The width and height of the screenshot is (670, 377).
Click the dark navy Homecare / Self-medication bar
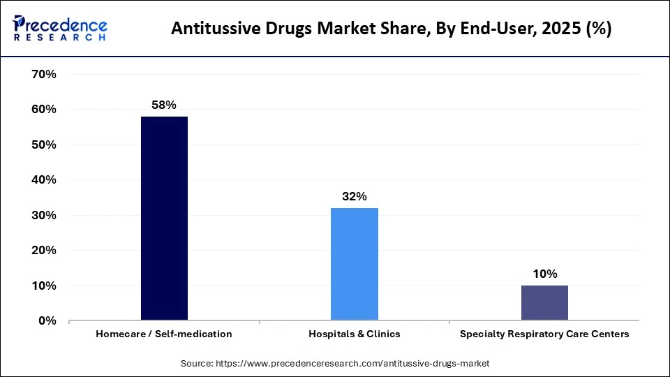[164, 219]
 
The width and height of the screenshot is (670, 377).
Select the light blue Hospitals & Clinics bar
[355, 264]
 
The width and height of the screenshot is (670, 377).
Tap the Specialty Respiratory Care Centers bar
[544, 303]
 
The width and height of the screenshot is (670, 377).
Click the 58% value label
[164, 105]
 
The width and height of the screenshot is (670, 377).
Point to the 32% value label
[355, 197]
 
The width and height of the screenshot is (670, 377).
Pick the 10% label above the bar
[544, 274]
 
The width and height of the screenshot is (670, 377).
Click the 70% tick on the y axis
[44, 74]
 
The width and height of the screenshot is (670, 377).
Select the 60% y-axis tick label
[44, 110]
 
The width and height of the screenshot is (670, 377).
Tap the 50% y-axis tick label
[44, 145]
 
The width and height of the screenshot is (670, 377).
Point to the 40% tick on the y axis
[44, 180]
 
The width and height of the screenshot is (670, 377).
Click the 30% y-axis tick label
[44, 215]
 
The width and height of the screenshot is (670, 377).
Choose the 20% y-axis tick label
[44, 251]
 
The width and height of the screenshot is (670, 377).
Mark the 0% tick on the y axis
[47, 321]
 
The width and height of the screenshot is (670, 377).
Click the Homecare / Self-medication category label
[164, 334]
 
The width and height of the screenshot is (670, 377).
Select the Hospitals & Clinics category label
[355, 334]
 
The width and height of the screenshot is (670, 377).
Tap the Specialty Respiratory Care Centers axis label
[544, 334]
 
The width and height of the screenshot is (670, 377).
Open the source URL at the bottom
[335, 364]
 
